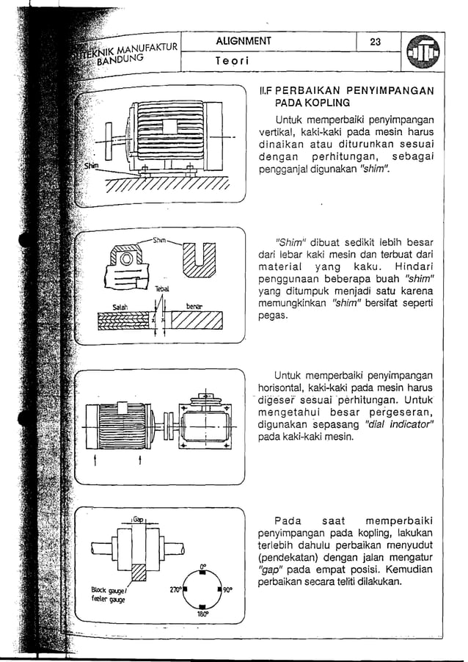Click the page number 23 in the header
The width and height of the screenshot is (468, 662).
[375, 42]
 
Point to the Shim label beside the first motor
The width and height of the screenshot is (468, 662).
[90, 165]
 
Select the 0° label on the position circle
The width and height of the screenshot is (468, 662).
[202, 566]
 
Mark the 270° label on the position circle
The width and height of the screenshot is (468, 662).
[175, 589]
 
